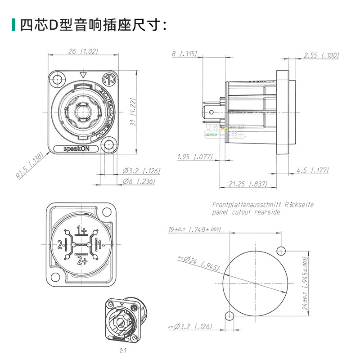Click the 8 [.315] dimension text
pyautogui.click(x=184, y=54)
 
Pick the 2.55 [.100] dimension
pyautogui.click(x=321, y=55)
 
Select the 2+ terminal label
pyautogui.click(x=82, y=260)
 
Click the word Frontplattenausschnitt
pyautogui.click(x=243, y=205)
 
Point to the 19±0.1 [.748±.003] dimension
pyautogui.click(x=194, y=229)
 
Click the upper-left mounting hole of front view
pyautogui.click(x=57, y=80)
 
